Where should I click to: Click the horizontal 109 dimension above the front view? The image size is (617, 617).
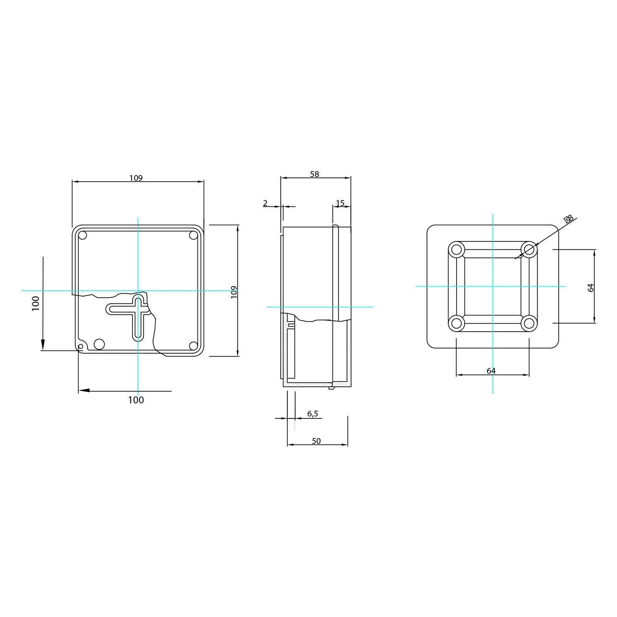[136, 178]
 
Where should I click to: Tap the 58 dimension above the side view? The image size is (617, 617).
[315, 174]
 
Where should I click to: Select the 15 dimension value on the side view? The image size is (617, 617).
[340, 203]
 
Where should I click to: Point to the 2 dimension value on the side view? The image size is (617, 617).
[265, 203]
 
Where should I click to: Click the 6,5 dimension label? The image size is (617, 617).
[313, 414]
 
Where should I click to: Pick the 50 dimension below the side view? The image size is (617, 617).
[316, 441]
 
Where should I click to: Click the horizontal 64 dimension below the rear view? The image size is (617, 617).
[491, 371]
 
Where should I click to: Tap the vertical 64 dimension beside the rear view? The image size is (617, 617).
[591, 287]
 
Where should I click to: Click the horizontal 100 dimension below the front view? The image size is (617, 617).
[136, 400]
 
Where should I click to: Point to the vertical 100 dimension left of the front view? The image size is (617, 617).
[36, 303]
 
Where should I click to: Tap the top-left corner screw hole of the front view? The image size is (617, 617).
[83, 235]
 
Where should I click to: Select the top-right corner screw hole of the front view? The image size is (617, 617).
[193, 235]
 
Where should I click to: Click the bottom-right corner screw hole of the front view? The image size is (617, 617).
[193, 346]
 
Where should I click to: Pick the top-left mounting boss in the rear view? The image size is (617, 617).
[456, 249]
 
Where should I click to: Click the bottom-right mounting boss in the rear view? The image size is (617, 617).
[529, 323]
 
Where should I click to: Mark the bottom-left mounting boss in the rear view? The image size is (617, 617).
[456, 323]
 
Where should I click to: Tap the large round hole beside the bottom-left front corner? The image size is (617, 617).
[99, 344]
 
